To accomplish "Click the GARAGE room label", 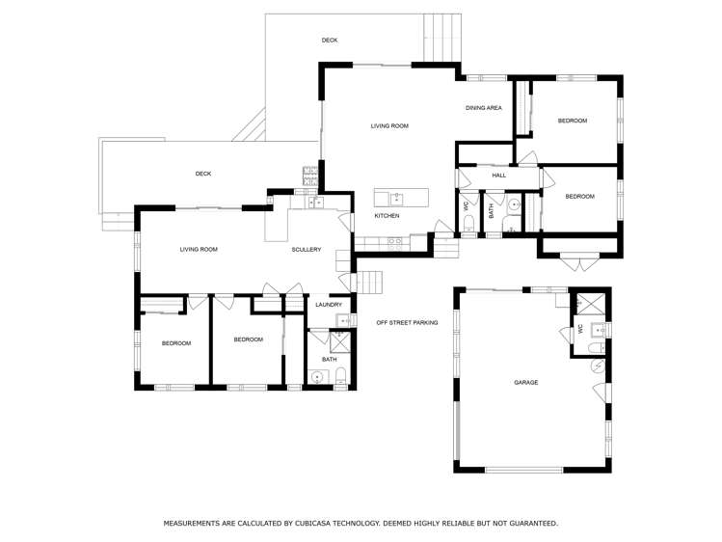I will (525, 383).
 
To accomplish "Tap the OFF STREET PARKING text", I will (407, 322).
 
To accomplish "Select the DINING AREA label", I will (484, 108).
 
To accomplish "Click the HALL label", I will (498, 176).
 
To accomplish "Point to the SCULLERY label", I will (306, 250).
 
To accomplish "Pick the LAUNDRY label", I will (329, 305).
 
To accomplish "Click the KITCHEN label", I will (387, 216).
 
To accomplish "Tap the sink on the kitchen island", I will (396, 198).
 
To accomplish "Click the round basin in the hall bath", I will (514, 205).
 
